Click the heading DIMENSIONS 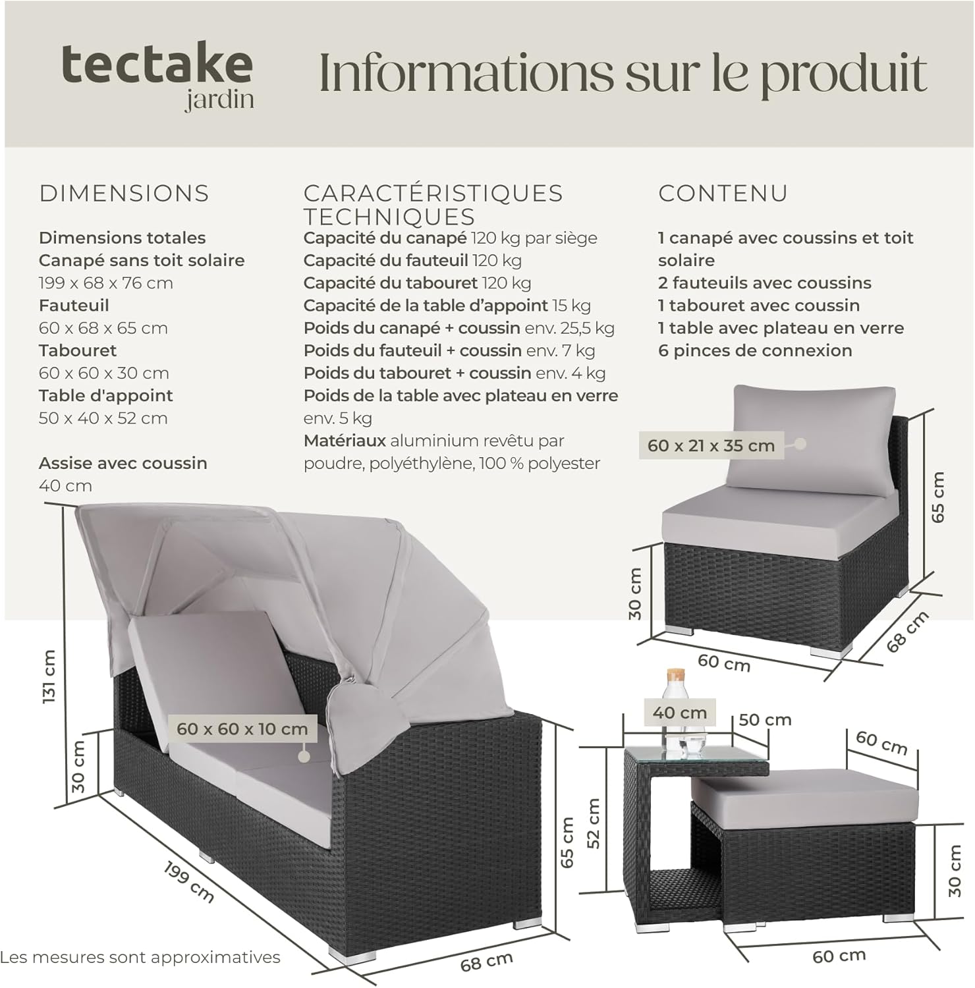click(x=124, y=193)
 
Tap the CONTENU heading click(x=723, y=193)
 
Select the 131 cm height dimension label click(x=49, y=676)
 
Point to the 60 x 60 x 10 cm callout click(x=242, y=728)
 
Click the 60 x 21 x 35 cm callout click(x=711, y=445)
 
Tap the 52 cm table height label click(x=594, y=823)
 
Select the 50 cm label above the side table click(x=764, y=719)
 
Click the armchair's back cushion click(x=812, y=437)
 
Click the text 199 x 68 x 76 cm click(x=105, y=283)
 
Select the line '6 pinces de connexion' click(x=755, y=350)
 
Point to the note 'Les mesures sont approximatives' click(x=140, y=956)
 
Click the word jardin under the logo click(x=219, y=99)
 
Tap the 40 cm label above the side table click(x=679, y=712)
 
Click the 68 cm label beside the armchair click(x=907, y=631)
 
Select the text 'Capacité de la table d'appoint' click(x=426, y=306)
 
